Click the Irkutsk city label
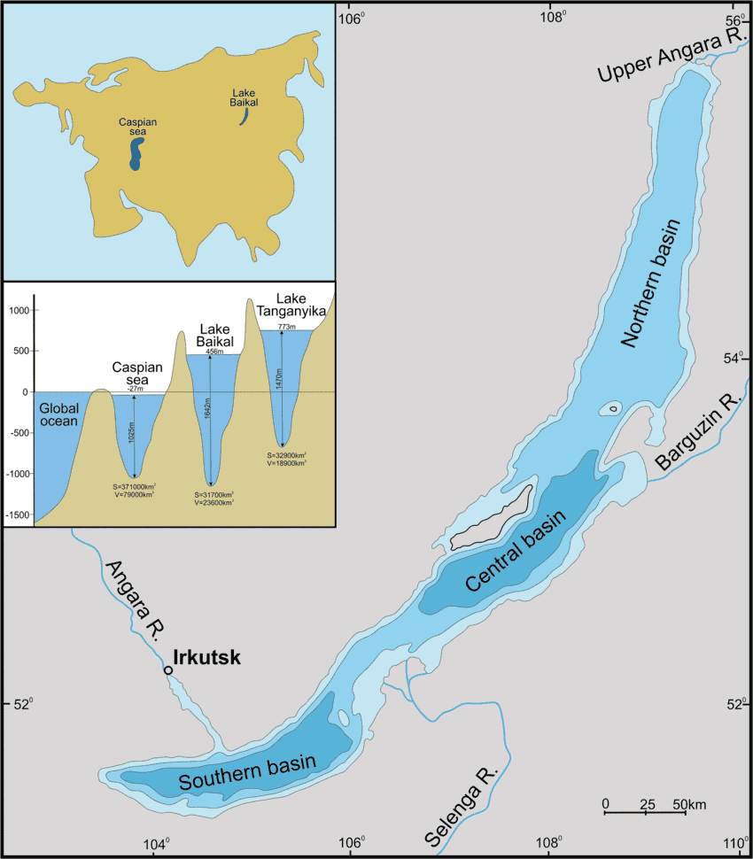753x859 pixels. (206, 658)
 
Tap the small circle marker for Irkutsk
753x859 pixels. (168, 670)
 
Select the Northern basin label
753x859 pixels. (656, 283)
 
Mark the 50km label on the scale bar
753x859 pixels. (689, 804)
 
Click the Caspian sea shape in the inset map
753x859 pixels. (135, 152)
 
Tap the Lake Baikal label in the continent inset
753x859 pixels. (245, 97)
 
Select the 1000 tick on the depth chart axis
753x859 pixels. (19, 310)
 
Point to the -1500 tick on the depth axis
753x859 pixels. (17, 515)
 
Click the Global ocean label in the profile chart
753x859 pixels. (59, 414)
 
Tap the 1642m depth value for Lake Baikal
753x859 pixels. (206, 421)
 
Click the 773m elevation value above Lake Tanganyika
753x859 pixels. (285, 327)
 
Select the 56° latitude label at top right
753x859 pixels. (734, 20)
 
